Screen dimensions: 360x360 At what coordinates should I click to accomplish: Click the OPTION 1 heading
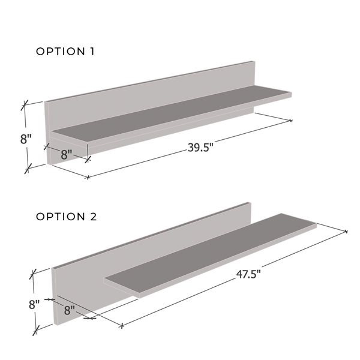click(x=65, y=52)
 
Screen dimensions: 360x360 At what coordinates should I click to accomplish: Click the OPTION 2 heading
click(x=66, y=217)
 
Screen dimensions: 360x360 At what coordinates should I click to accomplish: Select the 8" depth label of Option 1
click(x=67, y=154)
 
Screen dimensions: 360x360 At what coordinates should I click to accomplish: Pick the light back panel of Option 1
click(x=150, y=90)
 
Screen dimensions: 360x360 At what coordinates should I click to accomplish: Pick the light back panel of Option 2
click(x=150, y=240)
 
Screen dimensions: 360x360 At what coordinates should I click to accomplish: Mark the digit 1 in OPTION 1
click(x=92, y=52)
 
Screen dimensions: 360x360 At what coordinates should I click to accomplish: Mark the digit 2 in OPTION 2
click(x=93, y=217)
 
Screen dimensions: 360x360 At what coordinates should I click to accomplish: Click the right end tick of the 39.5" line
click(x=291, y=121)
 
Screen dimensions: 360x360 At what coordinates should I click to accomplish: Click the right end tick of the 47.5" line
click(x=346, y=231)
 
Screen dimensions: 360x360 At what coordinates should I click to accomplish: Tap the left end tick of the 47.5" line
click(x=122, y=326)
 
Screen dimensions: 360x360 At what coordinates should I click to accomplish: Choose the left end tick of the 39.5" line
click(x=88, y=178)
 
